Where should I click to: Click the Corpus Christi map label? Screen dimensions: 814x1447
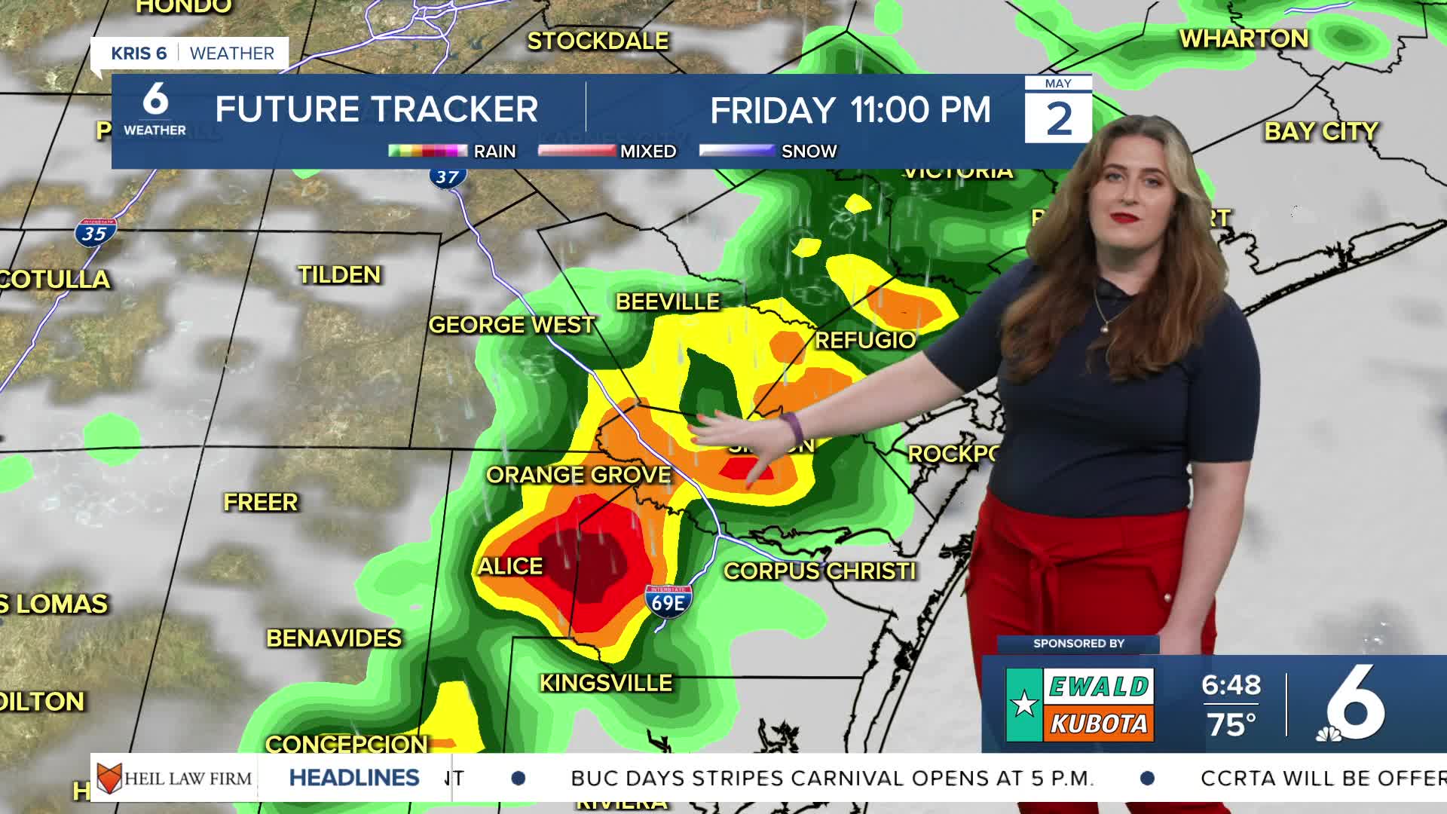click(x=820, y=571)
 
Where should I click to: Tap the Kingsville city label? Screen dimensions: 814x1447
click(x=606, y=684)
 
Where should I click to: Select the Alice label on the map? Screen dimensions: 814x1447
click(x=510, y=566)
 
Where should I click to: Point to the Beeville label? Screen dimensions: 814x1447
click(x=668, y=302)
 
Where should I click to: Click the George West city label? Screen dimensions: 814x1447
click(x=512, y=325)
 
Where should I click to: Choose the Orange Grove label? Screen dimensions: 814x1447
click(x=578, y=475)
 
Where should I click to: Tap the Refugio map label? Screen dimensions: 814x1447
click(x=865, y=340)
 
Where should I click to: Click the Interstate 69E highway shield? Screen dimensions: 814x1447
click(x=668, y=601)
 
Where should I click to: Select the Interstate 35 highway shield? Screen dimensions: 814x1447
click(x=95, y=233)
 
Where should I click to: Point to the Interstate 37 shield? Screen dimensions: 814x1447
click(x=448, y=177)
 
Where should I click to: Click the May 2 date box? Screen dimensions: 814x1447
click(x=1058, y=110)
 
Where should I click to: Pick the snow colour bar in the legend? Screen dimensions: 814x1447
click(x=736, y=151)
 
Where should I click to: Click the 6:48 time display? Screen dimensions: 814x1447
click(x=1231, y=685)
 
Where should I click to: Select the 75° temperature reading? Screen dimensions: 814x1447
click(x=1231, y=725)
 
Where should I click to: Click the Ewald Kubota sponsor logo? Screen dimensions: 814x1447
click(x=1079, y=705)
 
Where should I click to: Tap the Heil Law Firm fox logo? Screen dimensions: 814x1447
click(x=109, y=778)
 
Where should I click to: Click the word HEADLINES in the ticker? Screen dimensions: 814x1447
click(x=354, y=778)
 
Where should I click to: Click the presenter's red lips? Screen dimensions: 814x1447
click(x=1127, y=218)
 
